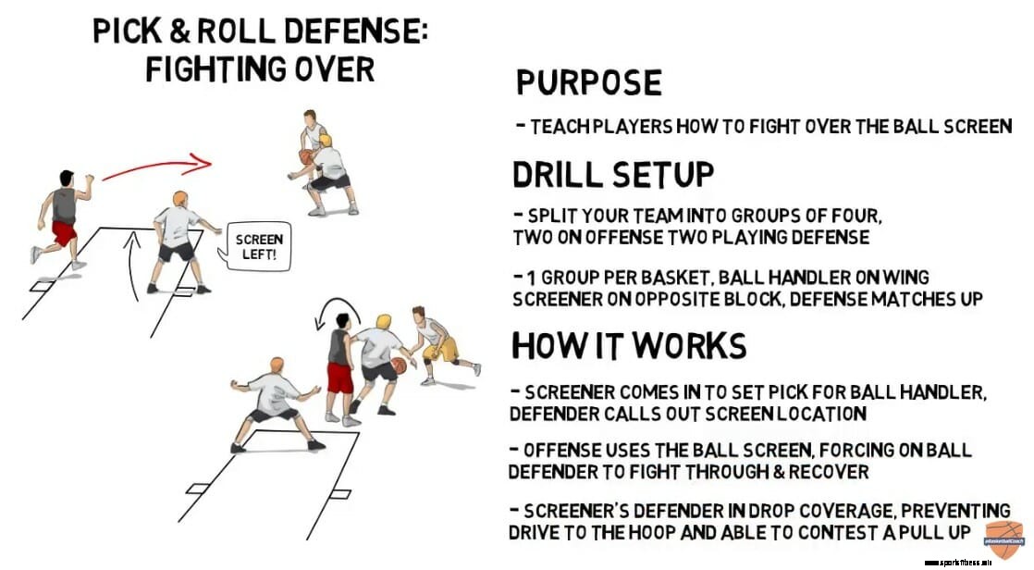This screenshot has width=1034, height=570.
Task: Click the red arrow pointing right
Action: click(157, 168)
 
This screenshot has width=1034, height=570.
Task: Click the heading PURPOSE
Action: click(588, 82)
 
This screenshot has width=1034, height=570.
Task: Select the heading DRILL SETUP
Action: click(613, 173)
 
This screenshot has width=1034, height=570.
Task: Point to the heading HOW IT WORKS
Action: click(629, 345)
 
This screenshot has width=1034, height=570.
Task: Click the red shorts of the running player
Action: click(64, 232)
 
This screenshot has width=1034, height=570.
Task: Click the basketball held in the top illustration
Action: click(304, 157)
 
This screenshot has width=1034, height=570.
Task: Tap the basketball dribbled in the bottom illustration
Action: click(399, 366)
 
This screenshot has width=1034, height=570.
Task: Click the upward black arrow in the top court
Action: click(133, 268)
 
